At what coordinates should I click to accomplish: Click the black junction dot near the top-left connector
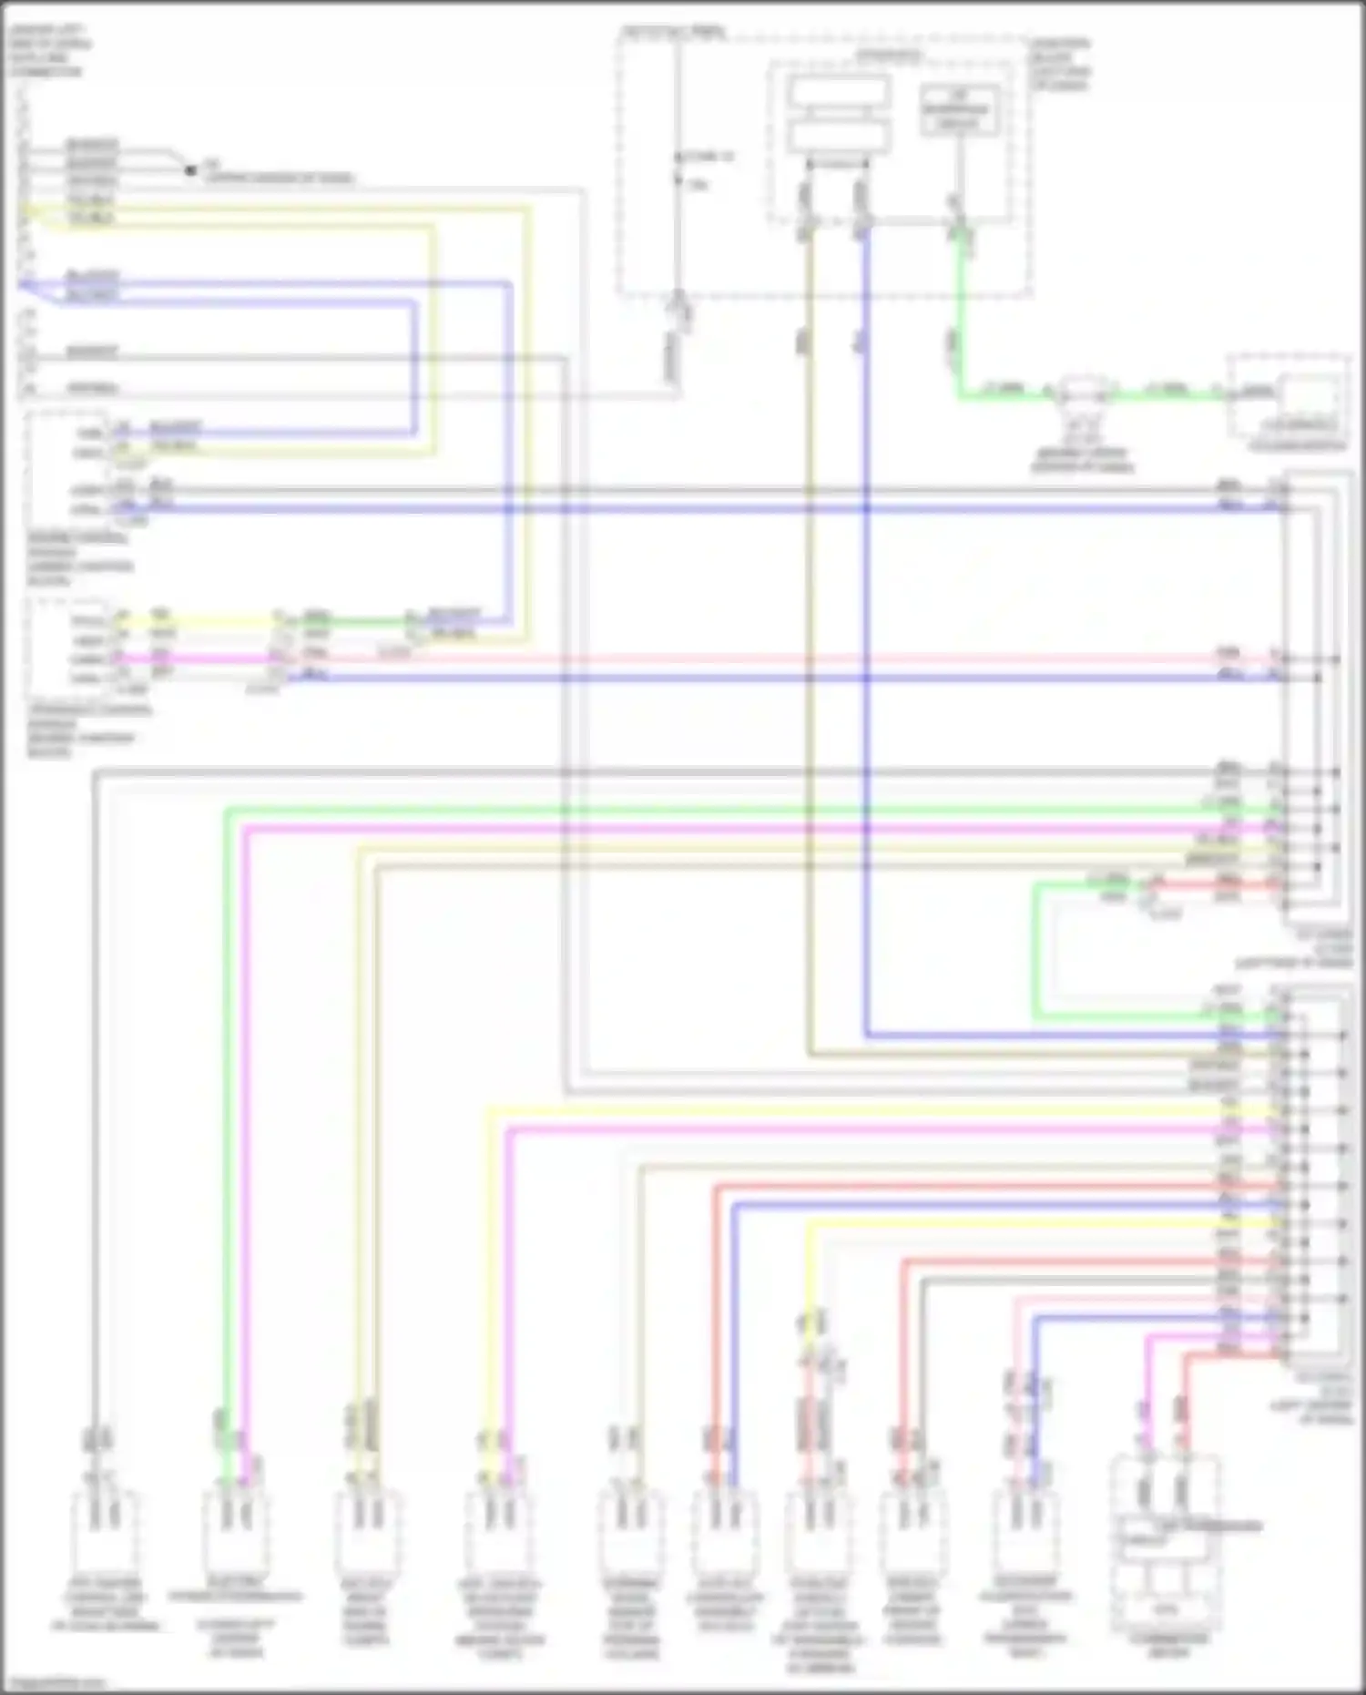tap(190, 170)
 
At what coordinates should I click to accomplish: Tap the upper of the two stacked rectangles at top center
tap(839, 92)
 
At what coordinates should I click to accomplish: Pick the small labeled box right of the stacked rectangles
tap(958, 109)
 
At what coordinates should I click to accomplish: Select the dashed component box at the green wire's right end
tap(1288, 401)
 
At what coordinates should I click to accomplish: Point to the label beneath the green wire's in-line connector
tap(1082, 460)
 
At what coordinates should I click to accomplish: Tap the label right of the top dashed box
tap(1060, 64)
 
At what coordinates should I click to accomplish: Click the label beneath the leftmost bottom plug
tap(105, 1607)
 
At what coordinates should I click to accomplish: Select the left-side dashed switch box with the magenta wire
tap(68, 647)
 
